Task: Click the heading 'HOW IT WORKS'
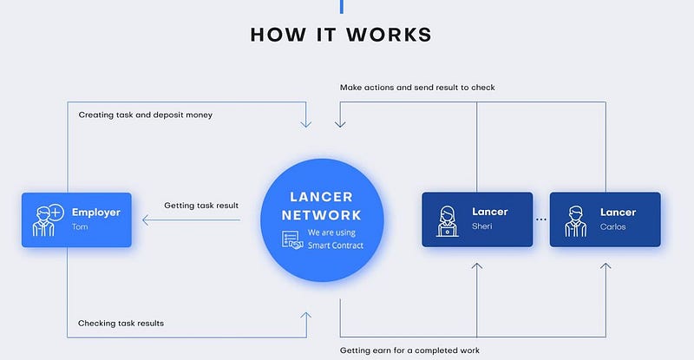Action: tap(341, 35)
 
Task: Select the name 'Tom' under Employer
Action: tap(80, 226)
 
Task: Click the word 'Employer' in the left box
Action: tap(96, 213)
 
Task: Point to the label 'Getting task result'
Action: tap(201, 206)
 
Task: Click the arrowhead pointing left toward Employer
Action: tap(146, 220)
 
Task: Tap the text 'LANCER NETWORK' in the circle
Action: tap(322, 206)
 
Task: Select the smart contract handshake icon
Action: tap(292, 239)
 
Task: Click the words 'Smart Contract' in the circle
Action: tap(336, 245)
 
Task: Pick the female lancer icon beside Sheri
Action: tap(448, 221)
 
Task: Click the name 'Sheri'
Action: tap(482, 226)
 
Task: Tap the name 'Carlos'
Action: tap(613, 226)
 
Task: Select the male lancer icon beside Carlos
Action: tap(576, 221)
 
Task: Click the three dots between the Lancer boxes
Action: tap(541, 219)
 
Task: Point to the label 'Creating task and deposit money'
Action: tap(146, 115)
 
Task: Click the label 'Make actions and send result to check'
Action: tap(417, 88)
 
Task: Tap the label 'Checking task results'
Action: tap(121, 324)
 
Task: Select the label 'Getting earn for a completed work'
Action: tap(409, 350)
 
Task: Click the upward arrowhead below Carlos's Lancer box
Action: tap(606, 265)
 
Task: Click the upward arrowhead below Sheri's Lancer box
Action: tap(476, 265)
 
